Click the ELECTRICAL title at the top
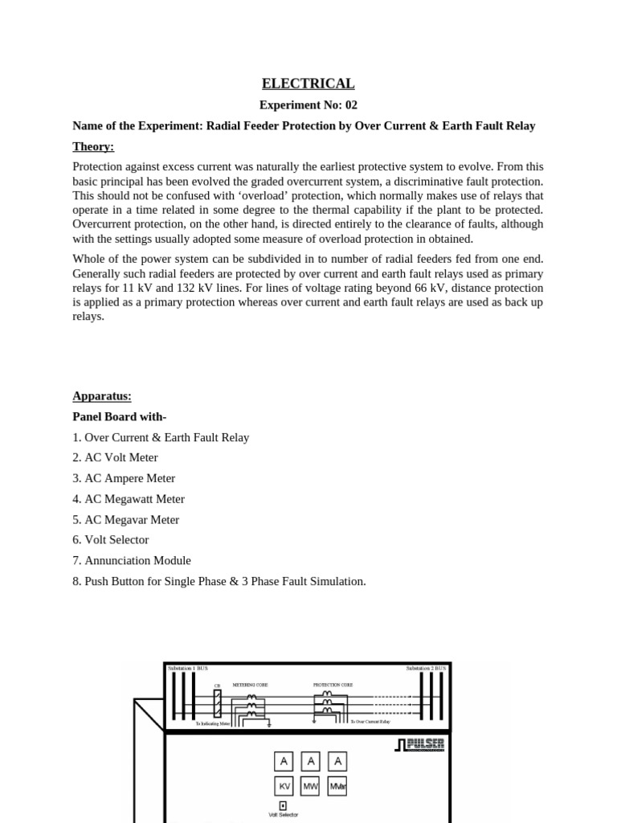point(308,84)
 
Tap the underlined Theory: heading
point(93,146)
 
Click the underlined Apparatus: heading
point(102,395)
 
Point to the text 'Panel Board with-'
point(119,416)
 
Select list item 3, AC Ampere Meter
point(124,478)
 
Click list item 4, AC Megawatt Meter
point(129,499)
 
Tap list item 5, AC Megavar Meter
point(126,520)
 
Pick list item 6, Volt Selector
point(111,540)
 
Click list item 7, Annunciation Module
point(133,561)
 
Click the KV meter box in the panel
point(284,786)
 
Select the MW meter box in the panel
point(310,786)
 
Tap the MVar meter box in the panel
point(337,786)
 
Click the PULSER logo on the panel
point(419,745)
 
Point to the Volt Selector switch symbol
point(283,805)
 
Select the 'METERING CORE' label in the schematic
point(250,685)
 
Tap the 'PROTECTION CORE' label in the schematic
point(333,685)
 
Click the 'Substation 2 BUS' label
point(426,669)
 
